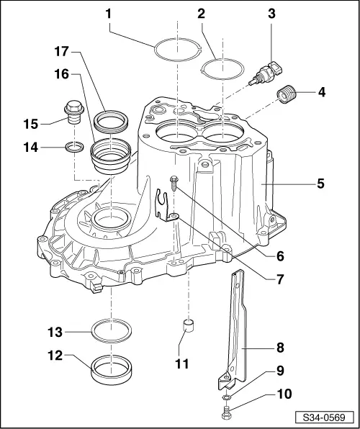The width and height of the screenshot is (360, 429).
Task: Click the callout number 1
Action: (109, 14)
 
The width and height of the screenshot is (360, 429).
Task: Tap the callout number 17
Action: (62, 51)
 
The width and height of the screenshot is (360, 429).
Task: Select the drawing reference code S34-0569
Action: (324, 418)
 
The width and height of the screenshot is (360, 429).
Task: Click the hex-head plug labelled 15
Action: (74, 112)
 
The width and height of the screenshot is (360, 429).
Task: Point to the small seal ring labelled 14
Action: (74, 147)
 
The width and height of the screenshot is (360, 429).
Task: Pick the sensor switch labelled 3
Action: (266, 73)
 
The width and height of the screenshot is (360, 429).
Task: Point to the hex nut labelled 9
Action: (226, 396)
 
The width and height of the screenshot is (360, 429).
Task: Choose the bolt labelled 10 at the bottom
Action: (226, 412)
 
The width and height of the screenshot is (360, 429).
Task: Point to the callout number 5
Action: (320, 184)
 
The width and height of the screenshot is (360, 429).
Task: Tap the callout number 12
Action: (55, 356)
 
